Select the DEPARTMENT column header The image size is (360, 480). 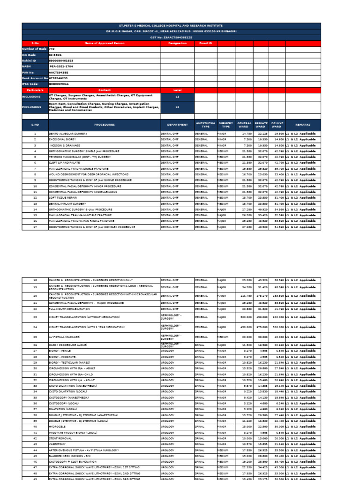tap(177, 125)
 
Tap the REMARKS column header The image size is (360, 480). tap(303, 125)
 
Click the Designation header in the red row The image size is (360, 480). tap(177, 43)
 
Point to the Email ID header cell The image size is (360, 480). tap(205, 43)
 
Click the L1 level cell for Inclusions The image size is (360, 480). tap(177, 96)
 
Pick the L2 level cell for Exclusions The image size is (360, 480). tap(177, 107)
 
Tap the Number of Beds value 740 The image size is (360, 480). tap(52, 49)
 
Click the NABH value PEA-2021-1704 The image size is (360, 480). tap(59, 67)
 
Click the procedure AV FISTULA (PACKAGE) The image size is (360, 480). tap(64, 337)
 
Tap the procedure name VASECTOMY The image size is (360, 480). tap(58, 444)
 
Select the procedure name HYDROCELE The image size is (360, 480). tap(58, 427)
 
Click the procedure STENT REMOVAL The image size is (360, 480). tap(60, 438)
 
